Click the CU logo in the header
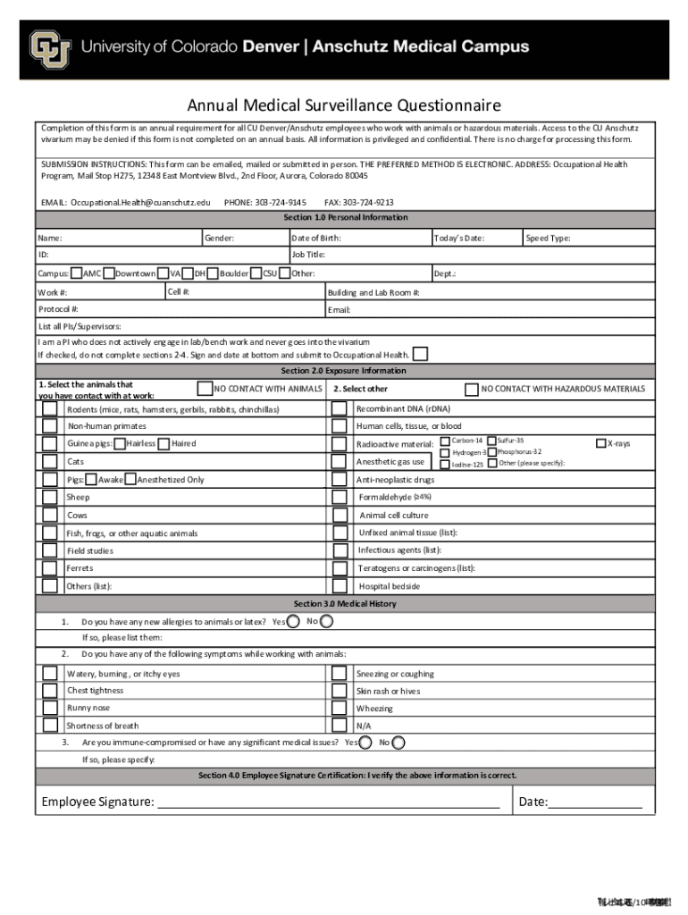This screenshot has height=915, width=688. click(50, 49)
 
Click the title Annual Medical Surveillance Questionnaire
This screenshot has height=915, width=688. click(344, 106)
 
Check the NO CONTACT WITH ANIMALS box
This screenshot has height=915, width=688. click(206, 389)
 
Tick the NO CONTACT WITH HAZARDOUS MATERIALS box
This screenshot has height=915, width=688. click(472, 389)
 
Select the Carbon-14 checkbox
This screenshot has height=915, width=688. click(445, 441)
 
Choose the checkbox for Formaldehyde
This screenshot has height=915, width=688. click(340, 497)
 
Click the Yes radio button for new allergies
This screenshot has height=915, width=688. click(293, 621)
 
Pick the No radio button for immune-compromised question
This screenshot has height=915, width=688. click(399, 743)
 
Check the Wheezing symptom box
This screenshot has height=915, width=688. click(340, 709)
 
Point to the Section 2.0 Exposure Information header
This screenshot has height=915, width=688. click(344, 371)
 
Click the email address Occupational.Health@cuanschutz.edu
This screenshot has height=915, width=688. click(141, 203)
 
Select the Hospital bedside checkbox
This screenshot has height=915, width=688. click(340, 586)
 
